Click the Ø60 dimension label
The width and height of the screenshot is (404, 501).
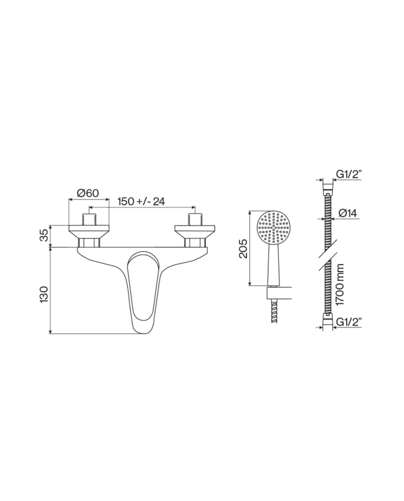(x=88, y=193)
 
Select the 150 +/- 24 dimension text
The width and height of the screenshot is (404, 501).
(x=141, y=202)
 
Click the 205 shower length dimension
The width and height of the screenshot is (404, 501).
(x=244, y=248)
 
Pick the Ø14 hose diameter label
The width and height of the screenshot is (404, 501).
(x=347, y=213)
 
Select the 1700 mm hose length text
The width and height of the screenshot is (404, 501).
(x=340, y=284)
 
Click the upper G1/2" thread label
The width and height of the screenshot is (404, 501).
(x=349, y=175)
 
